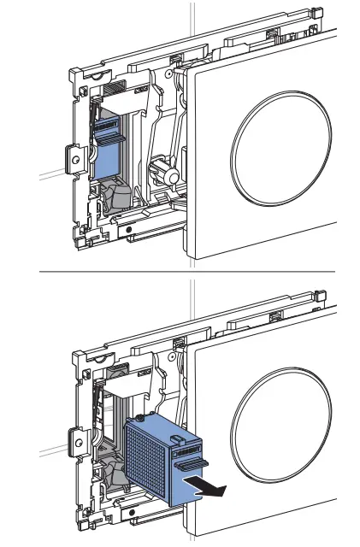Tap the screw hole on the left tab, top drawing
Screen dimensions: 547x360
(75, 159)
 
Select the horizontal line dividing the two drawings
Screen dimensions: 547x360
(180, 272)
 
